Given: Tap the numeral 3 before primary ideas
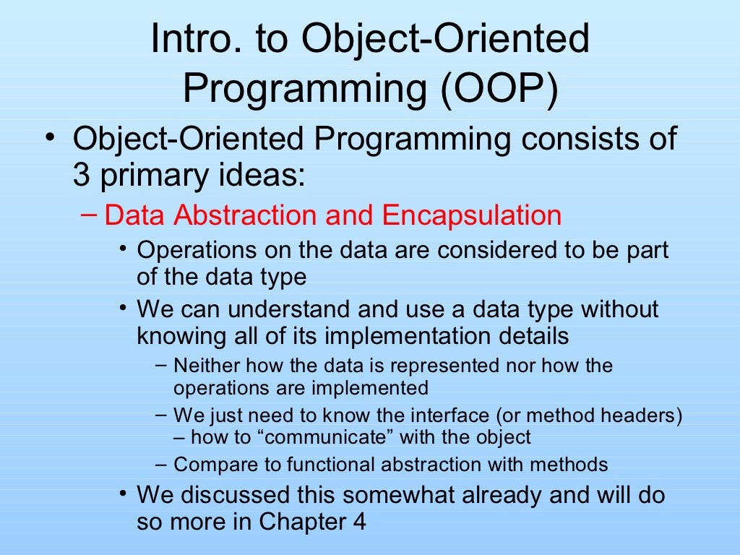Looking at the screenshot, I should click(82, 176).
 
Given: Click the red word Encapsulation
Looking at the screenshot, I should click(471, 215).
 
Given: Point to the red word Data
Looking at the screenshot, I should click(133, 215).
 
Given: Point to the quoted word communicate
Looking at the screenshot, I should click(316, 437).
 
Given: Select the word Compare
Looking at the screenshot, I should click(207, 465).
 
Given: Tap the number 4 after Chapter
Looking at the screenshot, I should click(358, 521).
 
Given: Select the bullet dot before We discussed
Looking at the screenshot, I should click(124, 494).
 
